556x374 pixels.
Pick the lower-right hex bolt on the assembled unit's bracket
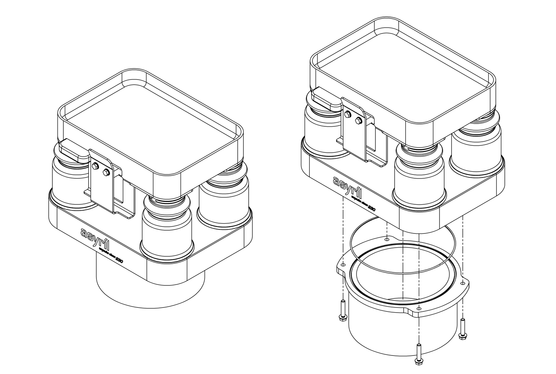coord(105,172)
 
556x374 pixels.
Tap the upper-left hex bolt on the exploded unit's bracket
coord(347,115)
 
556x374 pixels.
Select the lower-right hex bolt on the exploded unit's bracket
coord(358,120)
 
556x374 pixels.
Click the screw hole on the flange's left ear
coord(343,265)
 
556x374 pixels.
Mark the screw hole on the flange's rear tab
coord(387,239)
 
